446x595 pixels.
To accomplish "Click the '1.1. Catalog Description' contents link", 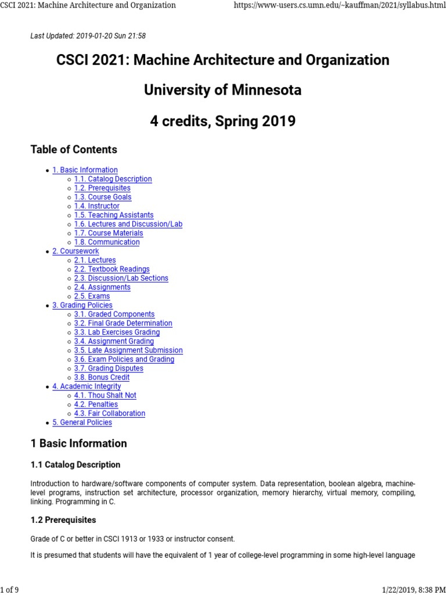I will (x=113, y=179).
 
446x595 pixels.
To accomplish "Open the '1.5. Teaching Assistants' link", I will (x=114, y=215).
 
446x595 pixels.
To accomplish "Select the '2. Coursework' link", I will (x=75, y=251).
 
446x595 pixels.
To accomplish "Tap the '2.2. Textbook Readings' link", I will (x=111, y=269).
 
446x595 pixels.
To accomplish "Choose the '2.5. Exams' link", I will (x=92, y=296).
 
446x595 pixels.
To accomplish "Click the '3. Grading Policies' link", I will (x=82, y=305).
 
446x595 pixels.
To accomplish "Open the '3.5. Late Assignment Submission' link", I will (x=128, y=350).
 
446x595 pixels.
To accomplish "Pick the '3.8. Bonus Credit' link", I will (x=102, y=377).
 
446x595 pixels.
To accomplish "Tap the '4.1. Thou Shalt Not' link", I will (x=105, y=395).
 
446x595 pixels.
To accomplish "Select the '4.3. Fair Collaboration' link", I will (x=109, y=413).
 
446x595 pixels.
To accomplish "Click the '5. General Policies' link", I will (x=82, y=422).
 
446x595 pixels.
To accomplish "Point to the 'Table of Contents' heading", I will (x=74, y=149).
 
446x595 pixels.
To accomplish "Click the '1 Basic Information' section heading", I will (x=78, y=443).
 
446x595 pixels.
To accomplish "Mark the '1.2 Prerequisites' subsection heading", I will (x=63, y=519).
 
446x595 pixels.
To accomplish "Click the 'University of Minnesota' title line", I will (x=222, y=90).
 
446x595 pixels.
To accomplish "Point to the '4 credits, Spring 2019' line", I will (x=222, y=121).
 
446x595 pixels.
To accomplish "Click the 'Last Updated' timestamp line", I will (x=88, y=36).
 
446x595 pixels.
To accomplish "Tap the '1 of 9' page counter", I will (x=10, y=590).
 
